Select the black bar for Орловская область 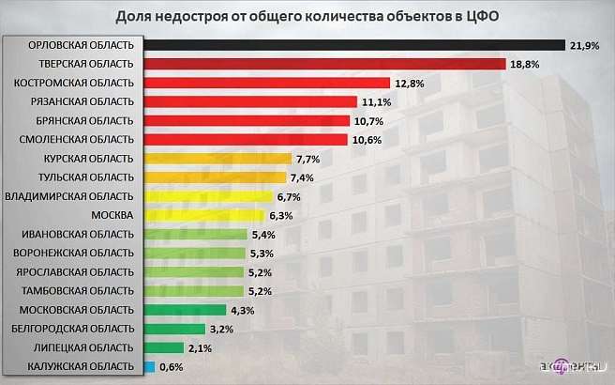[354, 45]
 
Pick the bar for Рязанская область [251, 101]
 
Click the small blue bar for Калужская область [149, 366]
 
